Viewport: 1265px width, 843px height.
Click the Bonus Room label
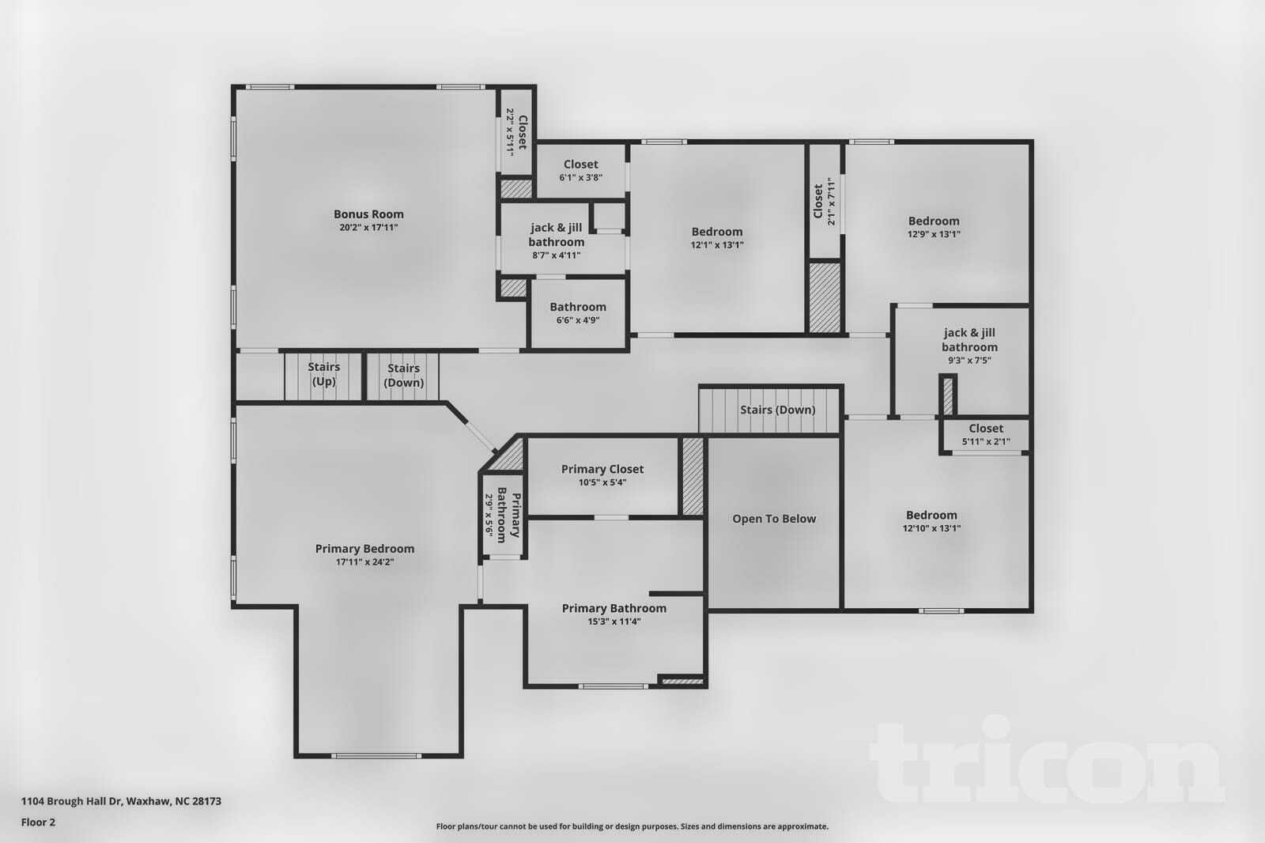[x=368, y=214]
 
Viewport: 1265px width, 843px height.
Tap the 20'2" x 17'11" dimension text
[x=368, y=228]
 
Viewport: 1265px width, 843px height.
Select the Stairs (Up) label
[x=323, y=374]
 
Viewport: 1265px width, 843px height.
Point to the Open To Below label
[x=774, y=519]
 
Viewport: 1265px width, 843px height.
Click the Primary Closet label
[x=602, y=469]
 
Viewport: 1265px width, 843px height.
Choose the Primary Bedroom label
[x=364, y=549]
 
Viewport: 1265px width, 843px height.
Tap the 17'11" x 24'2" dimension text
[x=364, y=563]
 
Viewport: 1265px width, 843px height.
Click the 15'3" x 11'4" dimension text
[x=614, y=622]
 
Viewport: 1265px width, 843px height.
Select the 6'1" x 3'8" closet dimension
[x=581, y=178]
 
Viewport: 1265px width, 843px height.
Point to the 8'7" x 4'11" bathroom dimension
[x=557, y=255]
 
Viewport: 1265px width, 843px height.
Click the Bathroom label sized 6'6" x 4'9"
[x=578, y=307]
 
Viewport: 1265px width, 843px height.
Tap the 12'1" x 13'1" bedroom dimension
[x=717, y=245]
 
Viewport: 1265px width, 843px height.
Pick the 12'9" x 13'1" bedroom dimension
[x=934, y=234]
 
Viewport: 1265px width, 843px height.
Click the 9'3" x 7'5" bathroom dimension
[x=969, y=361]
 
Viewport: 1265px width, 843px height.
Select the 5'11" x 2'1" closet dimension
[x=986, y=442]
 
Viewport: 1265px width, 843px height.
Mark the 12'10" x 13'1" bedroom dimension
[x=931, y=528]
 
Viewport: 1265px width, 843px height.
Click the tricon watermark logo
[x=1047, y=761]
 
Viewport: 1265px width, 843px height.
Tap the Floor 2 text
[x=39, y=822]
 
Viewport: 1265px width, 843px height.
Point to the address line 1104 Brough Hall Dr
[x=121, y=801]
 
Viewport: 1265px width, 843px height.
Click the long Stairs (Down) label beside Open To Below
[x=777, y=410]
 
